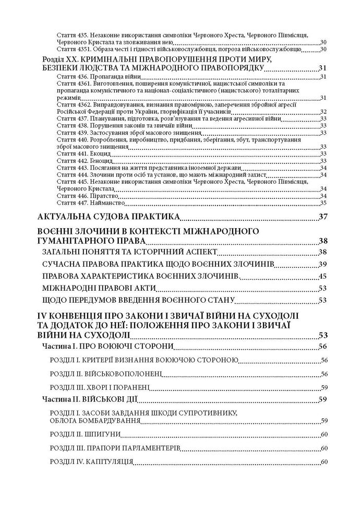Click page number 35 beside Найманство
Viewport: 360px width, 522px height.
[x=323, y=203]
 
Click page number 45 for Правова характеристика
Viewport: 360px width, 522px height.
[x=322, y=276]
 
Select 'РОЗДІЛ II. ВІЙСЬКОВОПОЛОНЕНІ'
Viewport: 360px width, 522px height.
[x=106, y=374]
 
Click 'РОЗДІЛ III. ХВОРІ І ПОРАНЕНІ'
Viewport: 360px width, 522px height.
[x=99, y=387]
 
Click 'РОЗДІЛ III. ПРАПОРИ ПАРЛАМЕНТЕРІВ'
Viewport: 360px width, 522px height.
[x=115, y=448]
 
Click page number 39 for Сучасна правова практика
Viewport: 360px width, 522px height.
[x=322, y=264]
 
